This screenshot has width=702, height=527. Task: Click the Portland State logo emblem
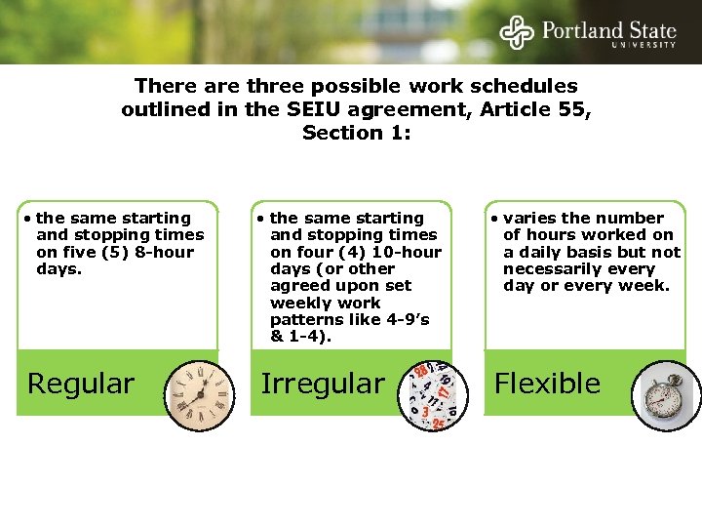517,31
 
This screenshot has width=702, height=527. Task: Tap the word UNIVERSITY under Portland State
643,45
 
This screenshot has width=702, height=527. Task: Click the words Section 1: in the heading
356,133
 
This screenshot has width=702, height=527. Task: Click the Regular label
81,384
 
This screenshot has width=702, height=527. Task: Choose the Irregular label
322,384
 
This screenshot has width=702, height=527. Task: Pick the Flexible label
547,384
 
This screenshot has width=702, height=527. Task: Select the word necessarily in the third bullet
551,268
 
